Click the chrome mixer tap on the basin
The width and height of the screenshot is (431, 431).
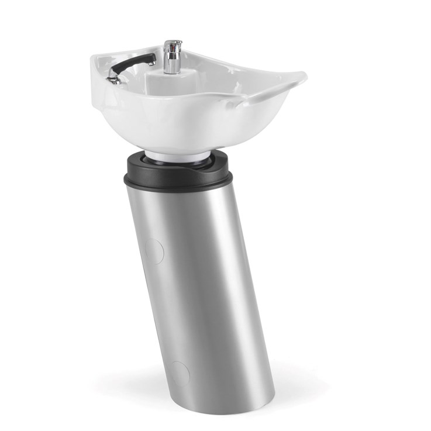coord(172,59)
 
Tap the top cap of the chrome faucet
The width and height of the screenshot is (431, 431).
coord(173,43)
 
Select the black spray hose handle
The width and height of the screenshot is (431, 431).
coord(132,63)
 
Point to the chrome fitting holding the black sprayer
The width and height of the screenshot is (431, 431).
coord(112,79)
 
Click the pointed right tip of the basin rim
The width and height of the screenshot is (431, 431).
coord(302,77)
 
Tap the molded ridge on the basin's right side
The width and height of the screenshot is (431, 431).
coord(257,99)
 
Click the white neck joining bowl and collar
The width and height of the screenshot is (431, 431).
coord(175,156)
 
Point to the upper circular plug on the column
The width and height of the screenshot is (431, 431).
coord(153,250)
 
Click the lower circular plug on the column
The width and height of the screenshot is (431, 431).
coord(180,373)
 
